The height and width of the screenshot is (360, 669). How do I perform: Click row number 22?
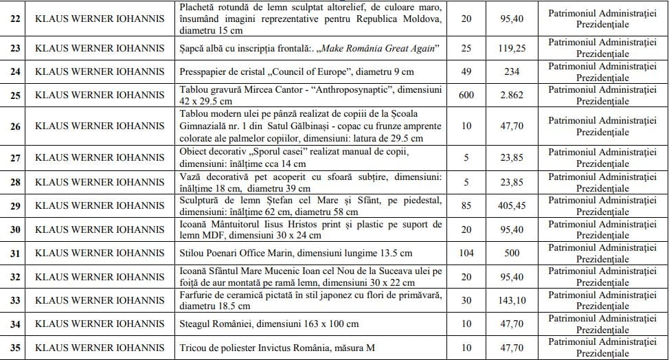click(15, 18)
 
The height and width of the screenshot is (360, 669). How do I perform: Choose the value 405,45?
click(512, 205)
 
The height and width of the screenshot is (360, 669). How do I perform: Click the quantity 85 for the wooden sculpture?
click(466, 205)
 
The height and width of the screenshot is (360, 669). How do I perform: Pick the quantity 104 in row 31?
click(466, 253)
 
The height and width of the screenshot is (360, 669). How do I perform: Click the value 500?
click(512, 253)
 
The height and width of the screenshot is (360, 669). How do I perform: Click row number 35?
click(15, 347)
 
